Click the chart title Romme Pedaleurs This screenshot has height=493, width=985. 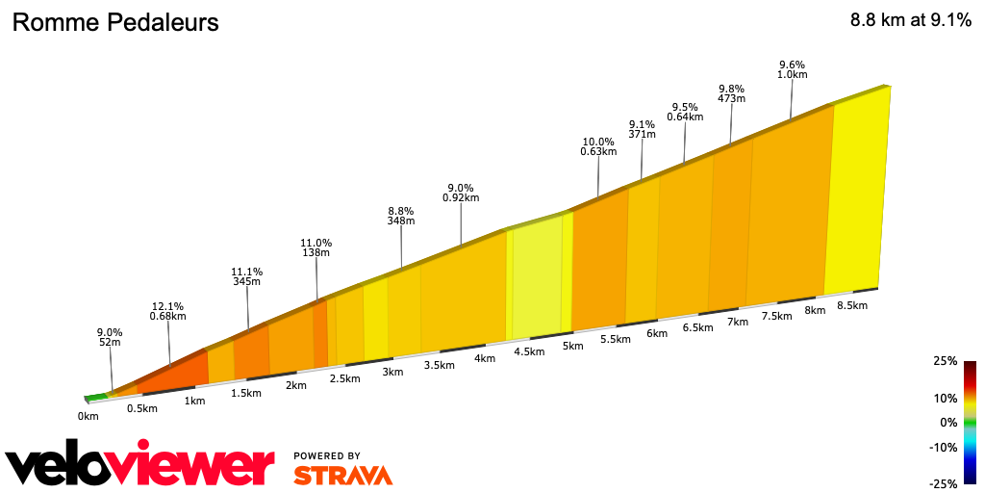pyautogui.click(x=115, y=22)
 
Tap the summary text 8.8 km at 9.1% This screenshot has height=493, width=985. pyautogui.click(x=910, y=21)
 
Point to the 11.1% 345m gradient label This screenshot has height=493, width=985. pyautogui.click(x=247, y=276)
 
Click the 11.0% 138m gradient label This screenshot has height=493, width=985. pyautogui.click(x=316, y=247)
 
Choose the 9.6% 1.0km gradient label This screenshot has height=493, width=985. pyautogui.click(x=792, y=68)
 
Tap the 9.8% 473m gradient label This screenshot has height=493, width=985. pyautogui.click(x=731, y=92)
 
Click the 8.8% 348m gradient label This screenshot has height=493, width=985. pyautogui.click(x=401, y=215)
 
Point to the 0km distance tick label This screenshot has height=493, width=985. pyautogui.click(x=88, y=416)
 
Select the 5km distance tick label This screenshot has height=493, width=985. pyautogui.click(x=573, y=346)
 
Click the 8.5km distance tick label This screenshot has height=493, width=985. pyautogui.click(x=852, y=305)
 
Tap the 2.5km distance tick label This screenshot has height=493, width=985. pyautogui.click(x=344, y=378)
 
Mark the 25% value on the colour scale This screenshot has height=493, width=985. pyautogui.click(x=945, y=361)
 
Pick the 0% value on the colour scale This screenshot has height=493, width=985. pyautogui.click(x=948, y=422)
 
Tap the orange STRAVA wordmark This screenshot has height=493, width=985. pyautogui.click(x=342, y=475)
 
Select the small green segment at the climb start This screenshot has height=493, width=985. pyautogui.click(x=96, y=396)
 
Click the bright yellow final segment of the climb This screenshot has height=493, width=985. pyautogui.click(x=856, y=193)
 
